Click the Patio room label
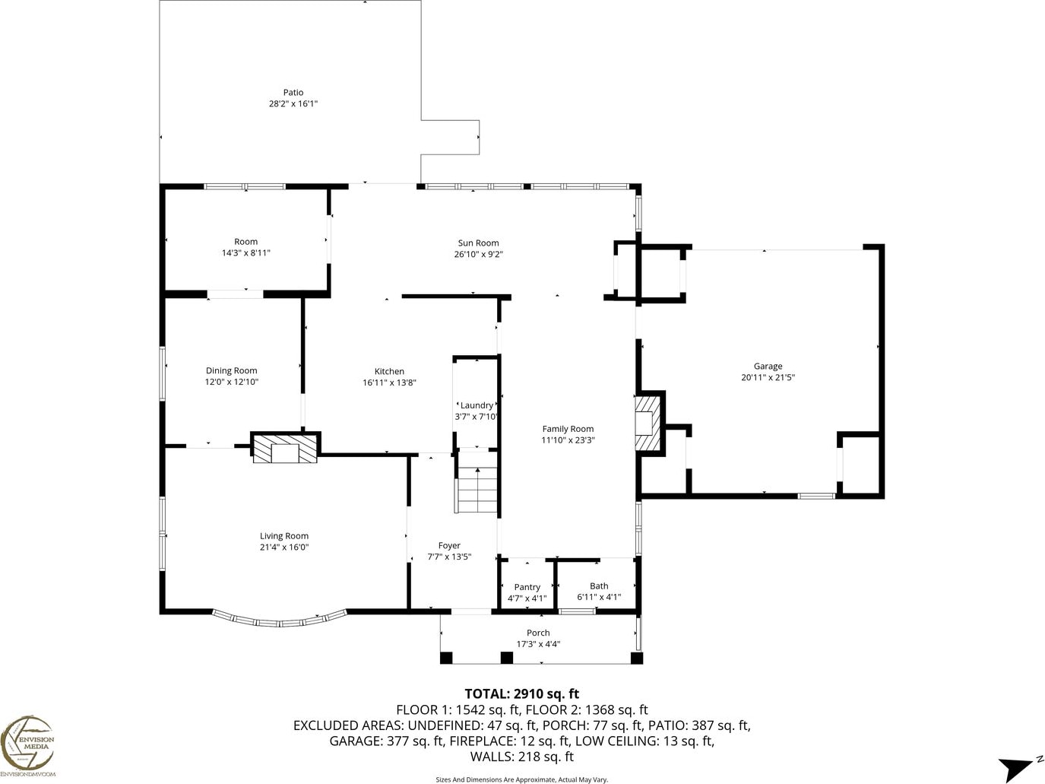293,93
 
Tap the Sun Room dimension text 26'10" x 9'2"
479,254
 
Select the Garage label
768,367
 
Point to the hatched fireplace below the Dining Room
285,449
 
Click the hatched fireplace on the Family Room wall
648,424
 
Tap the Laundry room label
477,405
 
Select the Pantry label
527,587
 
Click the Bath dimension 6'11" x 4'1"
599,597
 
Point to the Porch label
538,633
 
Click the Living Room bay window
280,620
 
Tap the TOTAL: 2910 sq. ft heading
522,694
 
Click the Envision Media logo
27,746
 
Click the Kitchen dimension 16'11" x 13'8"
389,382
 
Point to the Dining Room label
231,370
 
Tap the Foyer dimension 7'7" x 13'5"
449,557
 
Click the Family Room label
568,429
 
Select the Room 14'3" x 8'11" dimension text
245,253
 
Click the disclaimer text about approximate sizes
522,779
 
